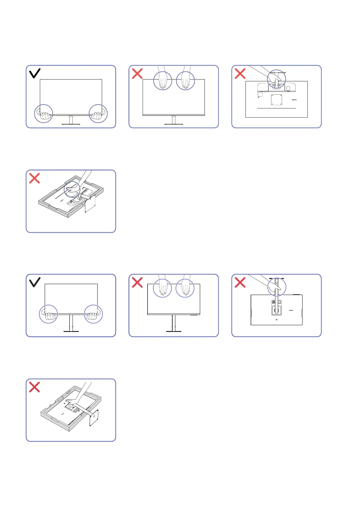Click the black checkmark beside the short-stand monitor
[x=35, y=73]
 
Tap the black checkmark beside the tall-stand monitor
[x=35, y=282]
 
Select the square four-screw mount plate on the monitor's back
[x=277, y=100]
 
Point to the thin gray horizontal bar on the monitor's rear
[x=276, y=108]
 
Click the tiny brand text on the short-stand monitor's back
[x=294, y=100]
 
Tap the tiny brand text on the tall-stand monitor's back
[x=291, y=310]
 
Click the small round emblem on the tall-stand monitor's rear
[x=277, y=320]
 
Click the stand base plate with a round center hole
[x=94, y=417]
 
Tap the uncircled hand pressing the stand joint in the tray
[x=73, y=401]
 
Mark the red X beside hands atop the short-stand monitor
[x=138, y=73]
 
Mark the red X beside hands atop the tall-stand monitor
[x=138, y=283]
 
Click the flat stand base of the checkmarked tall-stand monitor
[x=71, y=331]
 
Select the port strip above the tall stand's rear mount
[x=277, y=302]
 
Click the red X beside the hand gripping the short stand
[x=240, y=73]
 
